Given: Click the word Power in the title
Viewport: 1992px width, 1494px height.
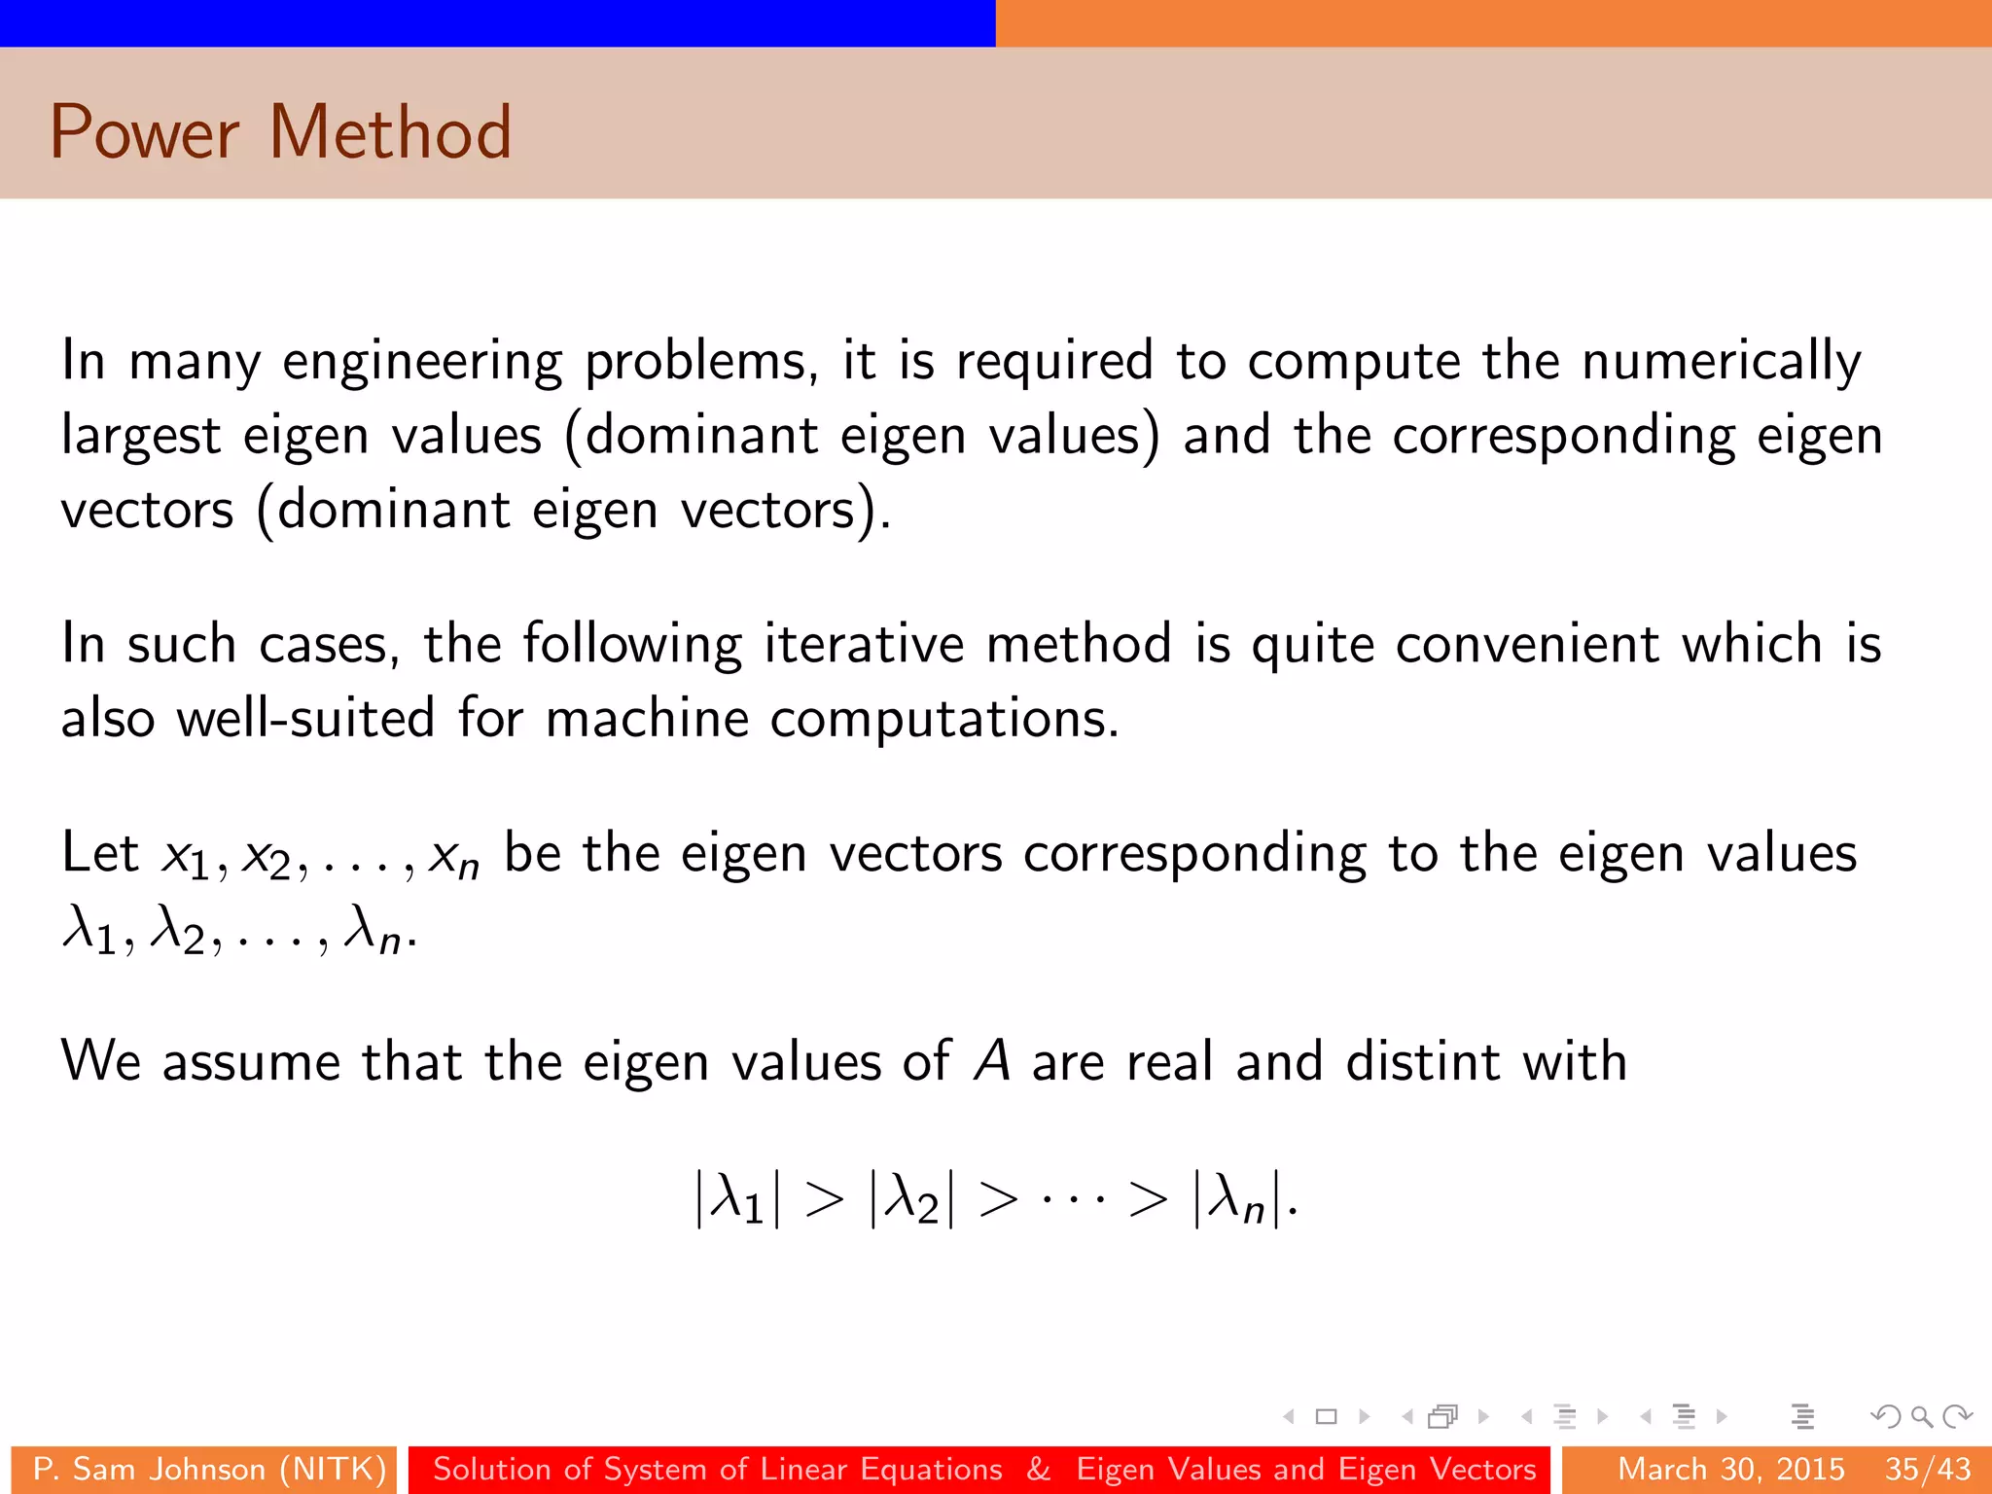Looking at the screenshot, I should (x=144, y=132).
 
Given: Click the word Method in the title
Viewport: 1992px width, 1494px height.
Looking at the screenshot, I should (x=390, y=132).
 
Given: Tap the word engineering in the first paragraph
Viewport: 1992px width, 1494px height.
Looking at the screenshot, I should (x=422, y=362).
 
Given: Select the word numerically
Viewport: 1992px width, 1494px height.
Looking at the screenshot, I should (x=1722, y=362).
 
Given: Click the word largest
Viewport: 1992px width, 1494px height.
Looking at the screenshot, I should (x=141, y=437).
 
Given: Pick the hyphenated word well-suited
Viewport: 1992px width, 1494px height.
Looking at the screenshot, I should (x=305, y=720).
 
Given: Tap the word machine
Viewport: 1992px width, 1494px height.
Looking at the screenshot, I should (x=646, y=720).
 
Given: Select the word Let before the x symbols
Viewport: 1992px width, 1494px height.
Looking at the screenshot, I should (x=99, y=853).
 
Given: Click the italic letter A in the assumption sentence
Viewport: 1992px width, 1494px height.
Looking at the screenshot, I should (x=992, y=1061).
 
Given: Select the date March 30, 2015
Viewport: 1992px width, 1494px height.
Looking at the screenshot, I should (x=1730, y=1469).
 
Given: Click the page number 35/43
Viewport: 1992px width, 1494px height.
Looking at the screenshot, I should (x=1928, y=1469).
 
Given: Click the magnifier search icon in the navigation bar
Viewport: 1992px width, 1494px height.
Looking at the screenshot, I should (x=1921, y=1416).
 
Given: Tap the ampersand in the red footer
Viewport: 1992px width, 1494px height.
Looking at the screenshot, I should (x=1039, y=1469).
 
